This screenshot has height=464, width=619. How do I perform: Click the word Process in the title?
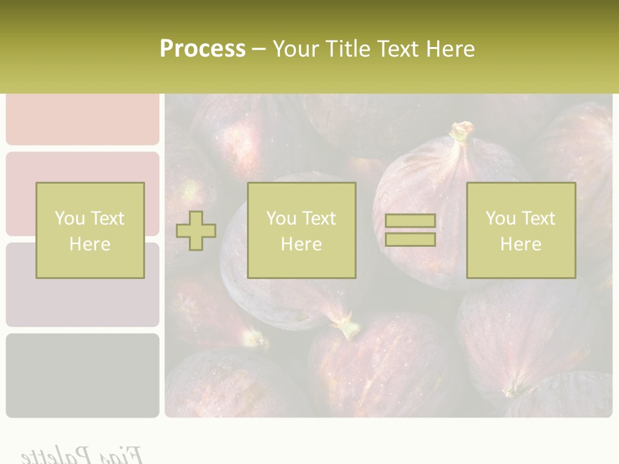tap(202, 49)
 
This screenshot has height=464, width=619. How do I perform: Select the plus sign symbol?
tap(196, 231)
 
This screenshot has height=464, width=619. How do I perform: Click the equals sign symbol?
tap(410, 230)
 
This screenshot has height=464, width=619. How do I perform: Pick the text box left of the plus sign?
tap(90, 230)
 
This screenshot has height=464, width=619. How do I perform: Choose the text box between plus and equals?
tap(301, 230)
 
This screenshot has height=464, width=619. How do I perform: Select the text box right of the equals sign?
tap(520, 230)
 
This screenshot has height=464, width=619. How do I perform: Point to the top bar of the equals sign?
tap(410, 221)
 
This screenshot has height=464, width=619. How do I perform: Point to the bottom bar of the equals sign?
tap(410, 239)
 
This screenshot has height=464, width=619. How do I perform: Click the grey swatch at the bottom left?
tap(83, 375)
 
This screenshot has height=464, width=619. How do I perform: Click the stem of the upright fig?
tap(461, 132)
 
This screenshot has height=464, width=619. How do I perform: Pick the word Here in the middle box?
tap(301, 244)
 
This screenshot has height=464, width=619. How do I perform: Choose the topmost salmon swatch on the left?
tap(83, 119)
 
